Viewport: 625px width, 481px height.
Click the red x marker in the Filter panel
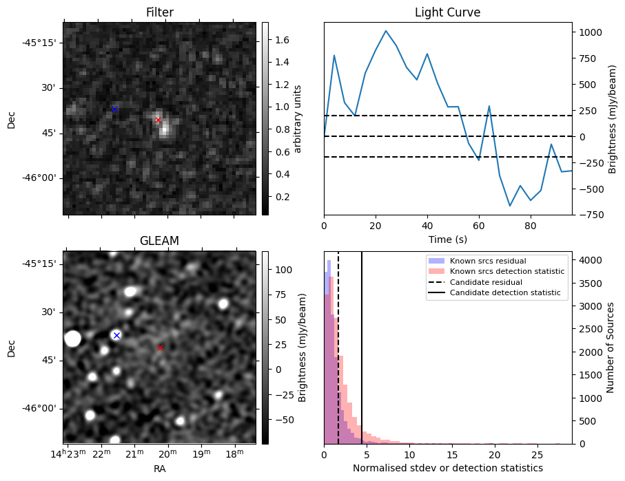[x=158, y=120]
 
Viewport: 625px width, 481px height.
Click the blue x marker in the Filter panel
[x=114, y=109]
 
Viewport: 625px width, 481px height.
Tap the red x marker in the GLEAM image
[x=160, y=348]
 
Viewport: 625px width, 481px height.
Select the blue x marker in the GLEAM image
[x=116, y=335]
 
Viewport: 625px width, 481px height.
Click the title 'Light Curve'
[x=447, y=13]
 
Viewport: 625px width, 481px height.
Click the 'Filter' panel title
[x=160, y=13]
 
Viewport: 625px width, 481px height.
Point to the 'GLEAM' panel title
[x=159, y=241]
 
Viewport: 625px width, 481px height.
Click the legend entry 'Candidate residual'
[x=488, y=283]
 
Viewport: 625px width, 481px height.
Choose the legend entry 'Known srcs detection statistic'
[x=506, y=272]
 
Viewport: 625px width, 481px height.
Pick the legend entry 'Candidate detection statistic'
[x=504, y=294]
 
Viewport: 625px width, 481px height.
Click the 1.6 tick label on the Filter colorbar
[x=283, y=41]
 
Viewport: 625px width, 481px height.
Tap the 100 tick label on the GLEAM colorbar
[x=283, y=269]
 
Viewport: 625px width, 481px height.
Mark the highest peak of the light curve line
[x=386, y=31]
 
